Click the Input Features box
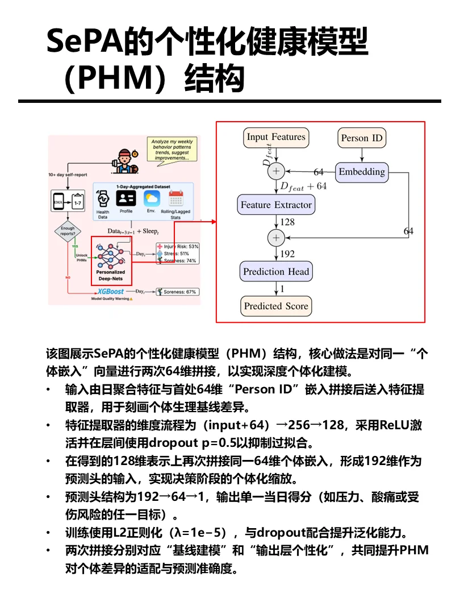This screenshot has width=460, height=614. [276, 137]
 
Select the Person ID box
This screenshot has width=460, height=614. [362, 138]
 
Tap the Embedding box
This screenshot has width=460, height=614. [362, 172]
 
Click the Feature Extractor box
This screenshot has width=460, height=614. [276, 205]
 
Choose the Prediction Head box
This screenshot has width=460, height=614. [276, 272]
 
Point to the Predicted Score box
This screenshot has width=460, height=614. [276, 306]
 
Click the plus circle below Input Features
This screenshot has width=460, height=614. [277, 171]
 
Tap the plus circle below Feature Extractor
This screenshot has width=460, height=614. [277, 237]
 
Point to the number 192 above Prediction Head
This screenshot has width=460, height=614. [288, 254]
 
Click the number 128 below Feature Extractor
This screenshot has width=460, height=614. [287, 222]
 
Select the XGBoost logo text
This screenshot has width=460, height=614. [111, 291]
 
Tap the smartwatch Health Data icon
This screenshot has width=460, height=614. [103, 200]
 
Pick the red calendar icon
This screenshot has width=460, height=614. [175, 198]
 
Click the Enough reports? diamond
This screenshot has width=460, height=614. [68, 231]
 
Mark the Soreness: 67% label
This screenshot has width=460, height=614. [179, 292]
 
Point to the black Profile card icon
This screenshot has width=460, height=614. [126, 198]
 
